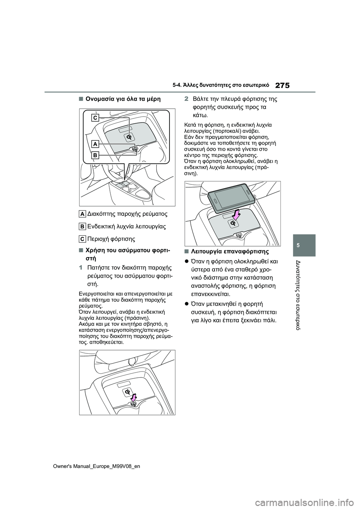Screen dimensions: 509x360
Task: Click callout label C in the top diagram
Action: click(96, 118)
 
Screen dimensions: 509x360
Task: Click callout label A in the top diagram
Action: click(96, 144)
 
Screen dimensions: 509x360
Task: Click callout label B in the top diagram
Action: click(96, 155)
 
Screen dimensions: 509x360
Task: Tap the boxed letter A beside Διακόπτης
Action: click(82, 214)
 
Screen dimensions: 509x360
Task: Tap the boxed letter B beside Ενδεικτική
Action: click(82, 226)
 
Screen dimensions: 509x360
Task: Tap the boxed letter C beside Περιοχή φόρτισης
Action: click(82, 239)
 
